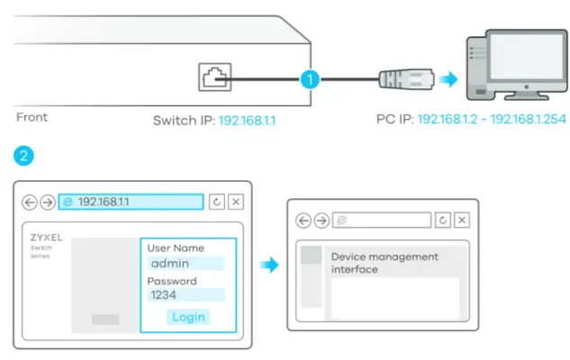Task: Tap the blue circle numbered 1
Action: (x=310, y=79)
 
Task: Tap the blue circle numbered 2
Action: (x=24, y=156)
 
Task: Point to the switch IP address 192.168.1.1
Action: (x=247, y=119)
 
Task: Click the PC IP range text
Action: (x=491, y=119)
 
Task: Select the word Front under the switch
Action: (x=32, y=117)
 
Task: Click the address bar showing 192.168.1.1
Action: (x=131, y=202)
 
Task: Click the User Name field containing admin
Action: (x=185, y=264)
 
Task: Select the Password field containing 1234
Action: (x=185, y=295)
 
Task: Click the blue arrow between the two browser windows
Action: (x=267, y=265)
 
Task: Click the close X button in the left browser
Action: (x=235, y=202)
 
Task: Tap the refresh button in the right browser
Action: (x=442, y=220)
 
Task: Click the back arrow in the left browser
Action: (x=30, y=202)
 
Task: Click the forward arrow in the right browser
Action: (x=321, y=220)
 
